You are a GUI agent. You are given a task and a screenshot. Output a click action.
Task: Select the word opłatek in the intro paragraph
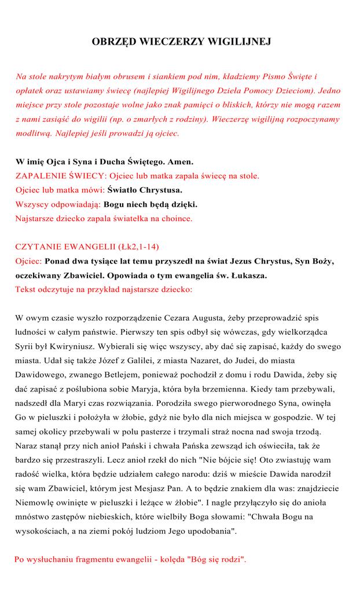29,91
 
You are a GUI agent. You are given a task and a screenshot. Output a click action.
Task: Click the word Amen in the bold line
180,162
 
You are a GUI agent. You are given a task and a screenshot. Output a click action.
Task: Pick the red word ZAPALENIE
38,175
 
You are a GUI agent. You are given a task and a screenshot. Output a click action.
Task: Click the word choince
176,218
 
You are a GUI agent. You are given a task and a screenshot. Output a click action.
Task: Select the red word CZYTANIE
39,247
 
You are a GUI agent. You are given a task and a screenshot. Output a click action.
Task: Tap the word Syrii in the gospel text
25,346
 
